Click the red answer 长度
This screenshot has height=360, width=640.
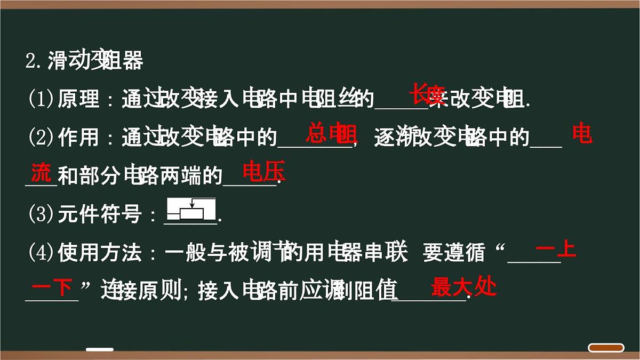[427, 95]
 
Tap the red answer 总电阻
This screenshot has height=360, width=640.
[331, 134]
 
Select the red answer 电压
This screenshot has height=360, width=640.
[264, 172]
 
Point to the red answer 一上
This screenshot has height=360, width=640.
[556, 250]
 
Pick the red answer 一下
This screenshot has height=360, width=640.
[52, 288]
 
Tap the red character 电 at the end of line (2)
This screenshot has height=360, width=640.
[582, 134]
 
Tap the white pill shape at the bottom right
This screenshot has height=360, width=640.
[606, 348]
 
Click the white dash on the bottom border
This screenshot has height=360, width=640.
[100, 350]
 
